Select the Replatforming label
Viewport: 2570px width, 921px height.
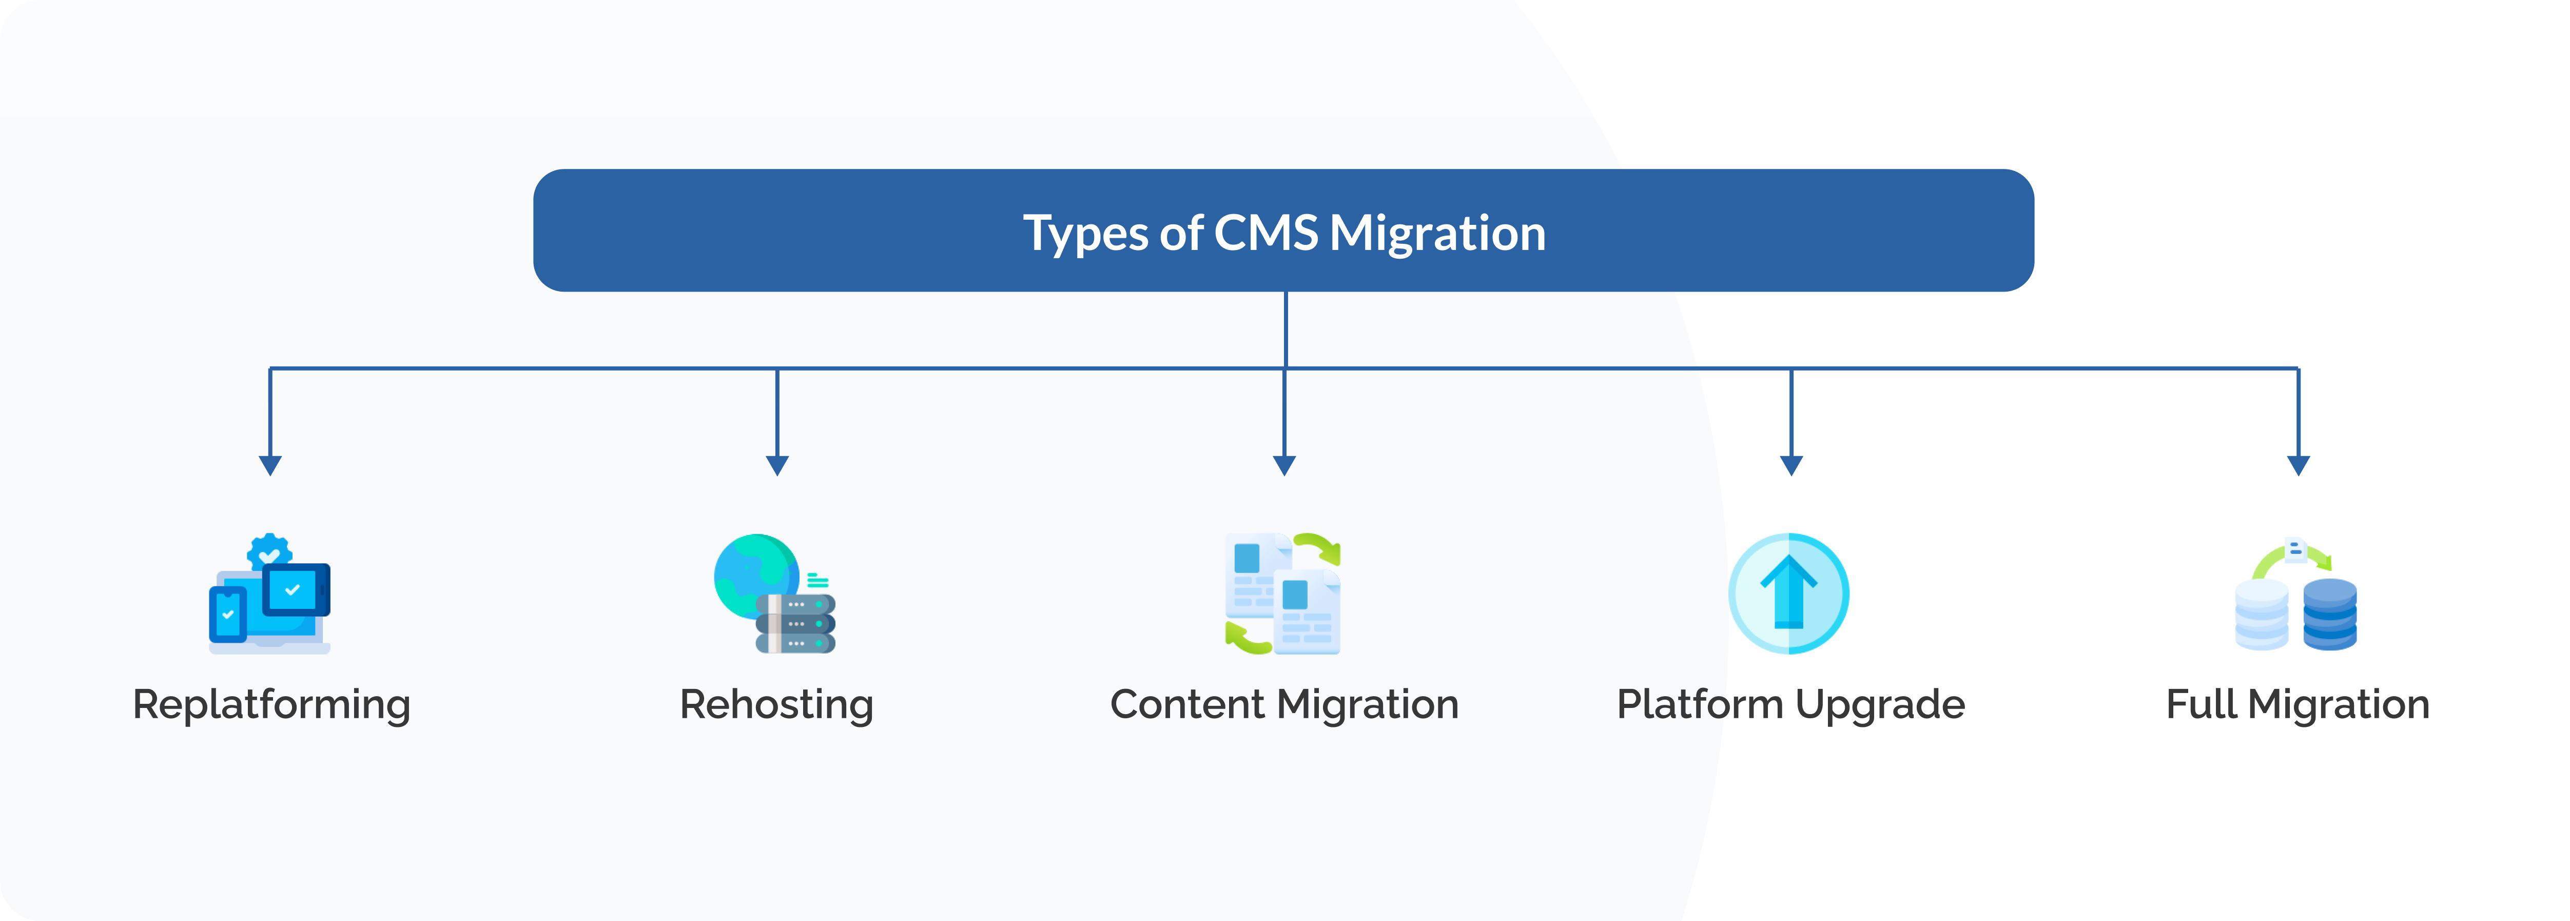[x=271, y=704]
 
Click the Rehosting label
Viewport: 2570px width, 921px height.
[x=776, y=704]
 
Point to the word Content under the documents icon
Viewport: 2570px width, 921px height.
[x=1187, y=704]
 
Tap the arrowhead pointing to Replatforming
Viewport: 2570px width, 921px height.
[x=270, y=465]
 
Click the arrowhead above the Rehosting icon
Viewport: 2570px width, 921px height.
[x=777, y=465]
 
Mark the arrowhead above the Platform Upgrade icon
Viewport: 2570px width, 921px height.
[x=1791, y=465]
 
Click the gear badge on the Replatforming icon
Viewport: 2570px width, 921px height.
[x=269, y=551]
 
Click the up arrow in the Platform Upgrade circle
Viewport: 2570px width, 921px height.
[x=1789, y=591]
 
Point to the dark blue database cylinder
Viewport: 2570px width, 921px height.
[x=2329, y=613]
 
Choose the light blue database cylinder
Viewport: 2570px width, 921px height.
[x=2262, y=613]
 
